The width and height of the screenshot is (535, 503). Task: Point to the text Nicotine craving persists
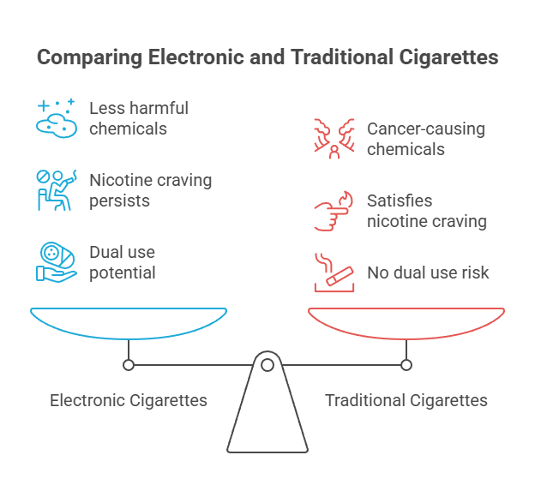point(150,190)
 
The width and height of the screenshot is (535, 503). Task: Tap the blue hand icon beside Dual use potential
point(56,261)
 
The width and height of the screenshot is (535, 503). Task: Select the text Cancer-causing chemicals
point(425,139)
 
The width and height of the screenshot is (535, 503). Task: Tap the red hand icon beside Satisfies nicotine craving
point(334,211)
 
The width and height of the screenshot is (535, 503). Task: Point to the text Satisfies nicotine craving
point(427,211)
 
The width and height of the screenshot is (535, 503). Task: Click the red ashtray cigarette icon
point(334,272)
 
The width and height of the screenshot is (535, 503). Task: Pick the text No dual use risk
point(428,272)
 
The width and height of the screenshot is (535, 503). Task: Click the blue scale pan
point(129,323)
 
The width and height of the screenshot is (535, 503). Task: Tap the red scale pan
point(406,323)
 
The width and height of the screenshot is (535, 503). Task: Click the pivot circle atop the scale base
point(267,365)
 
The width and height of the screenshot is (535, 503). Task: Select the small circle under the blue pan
point(129,365)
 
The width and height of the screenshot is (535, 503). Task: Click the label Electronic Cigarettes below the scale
point(129,400)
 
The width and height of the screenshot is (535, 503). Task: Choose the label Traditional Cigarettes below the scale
point(406,400)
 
